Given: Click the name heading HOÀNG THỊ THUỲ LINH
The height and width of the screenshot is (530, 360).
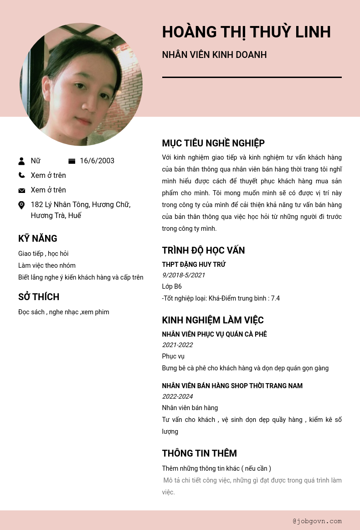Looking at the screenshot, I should (x=246, y=32).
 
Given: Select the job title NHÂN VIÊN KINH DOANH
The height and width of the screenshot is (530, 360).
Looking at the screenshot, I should (x=214, y=55).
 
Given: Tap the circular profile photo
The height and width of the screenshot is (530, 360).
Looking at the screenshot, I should (x=81, y=84).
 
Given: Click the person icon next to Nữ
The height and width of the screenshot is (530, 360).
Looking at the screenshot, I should (x=21, y=161).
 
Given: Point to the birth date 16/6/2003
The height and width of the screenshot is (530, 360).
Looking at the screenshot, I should (x=97, y=161).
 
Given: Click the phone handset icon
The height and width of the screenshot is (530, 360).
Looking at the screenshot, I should (x=21, y=175).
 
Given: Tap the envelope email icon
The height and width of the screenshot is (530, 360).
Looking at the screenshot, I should (x=21, y=190).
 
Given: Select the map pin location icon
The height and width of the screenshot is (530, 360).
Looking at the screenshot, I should (x=21, y=205).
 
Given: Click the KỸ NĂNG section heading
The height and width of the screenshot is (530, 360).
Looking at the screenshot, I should (x=38, y=239).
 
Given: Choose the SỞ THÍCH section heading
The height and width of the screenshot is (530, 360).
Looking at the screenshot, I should (x=39, y=297).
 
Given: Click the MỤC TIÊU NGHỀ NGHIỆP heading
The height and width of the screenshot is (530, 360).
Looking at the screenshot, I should (x=213, y=143).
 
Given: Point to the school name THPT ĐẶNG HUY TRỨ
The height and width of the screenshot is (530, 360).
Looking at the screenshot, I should (x=194, y=265).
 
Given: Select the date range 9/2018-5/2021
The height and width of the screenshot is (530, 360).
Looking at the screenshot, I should (x=184, y=275).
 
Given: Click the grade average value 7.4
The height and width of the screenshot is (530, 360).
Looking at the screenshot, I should (x=275, y=298).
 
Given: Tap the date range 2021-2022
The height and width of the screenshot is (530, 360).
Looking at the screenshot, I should (x=177, y=345).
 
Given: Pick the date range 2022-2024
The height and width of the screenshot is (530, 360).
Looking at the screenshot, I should (x=177, y=396).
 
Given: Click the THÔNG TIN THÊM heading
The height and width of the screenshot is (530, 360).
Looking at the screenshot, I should (x=199, y=453).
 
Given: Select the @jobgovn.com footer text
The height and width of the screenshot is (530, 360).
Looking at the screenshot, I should (x=317, y=521).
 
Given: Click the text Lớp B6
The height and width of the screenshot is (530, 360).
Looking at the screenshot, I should (x=172, y=286).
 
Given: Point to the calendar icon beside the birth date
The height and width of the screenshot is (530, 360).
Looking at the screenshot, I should (x=72, y=161).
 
